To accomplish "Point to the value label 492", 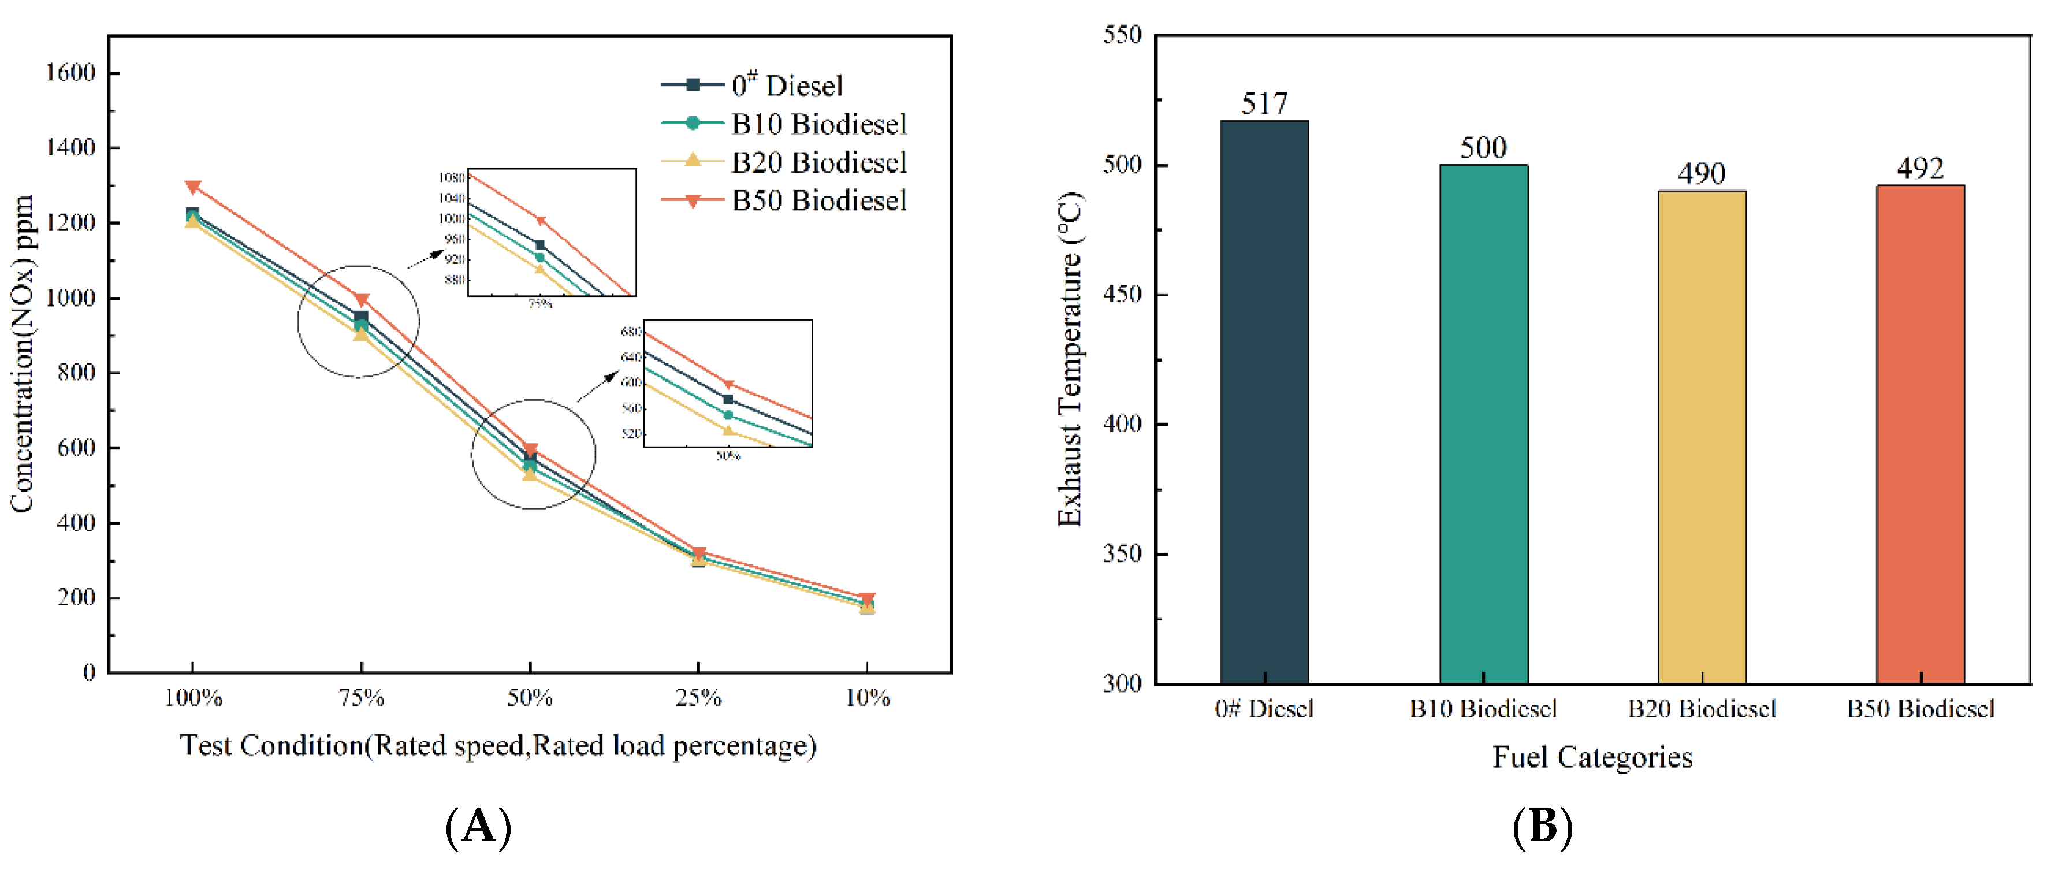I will [x=1920, y=169].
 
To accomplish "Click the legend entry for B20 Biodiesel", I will [x=818, y=162].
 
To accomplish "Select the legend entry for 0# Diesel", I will [x=787, y=85].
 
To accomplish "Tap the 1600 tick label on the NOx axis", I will [x=70, y=73].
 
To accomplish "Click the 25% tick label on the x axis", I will [x=698, y=698].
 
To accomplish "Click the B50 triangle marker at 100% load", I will [x=192, y=187].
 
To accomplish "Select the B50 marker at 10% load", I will [x=867, y=598].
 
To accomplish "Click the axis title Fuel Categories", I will [x=1592, y=756].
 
